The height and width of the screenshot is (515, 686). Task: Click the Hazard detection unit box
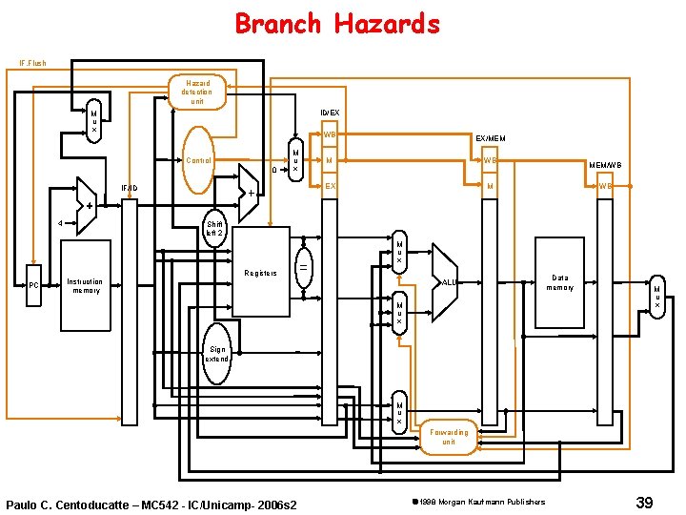197,92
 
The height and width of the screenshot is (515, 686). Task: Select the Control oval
199,160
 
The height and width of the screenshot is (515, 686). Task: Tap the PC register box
33,284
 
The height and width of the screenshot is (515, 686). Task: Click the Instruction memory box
85,285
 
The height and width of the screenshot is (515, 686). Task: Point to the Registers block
260,273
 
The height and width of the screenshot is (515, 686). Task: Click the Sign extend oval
217,355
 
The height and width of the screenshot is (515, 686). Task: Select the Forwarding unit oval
449,437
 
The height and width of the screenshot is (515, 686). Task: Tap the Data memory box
559,282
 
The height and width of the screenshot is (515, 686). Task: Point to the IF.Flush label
32,64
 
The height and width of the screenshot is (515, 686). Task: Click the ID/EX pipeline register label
329,113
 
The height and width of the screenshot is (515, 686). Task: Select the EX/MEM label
491,139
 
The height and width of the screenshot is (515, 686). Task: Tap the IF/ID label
130,188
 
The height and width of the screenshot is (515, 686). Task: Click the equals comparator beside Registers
304,268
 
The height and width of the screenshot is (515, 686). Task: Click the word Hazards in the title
387,23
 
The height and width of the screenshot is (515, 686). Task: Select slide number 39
644,502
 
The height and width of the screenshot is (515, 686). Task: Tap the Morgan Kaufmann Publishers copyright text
477,502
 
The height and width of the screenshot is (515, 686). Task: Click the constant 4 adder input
61,224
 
